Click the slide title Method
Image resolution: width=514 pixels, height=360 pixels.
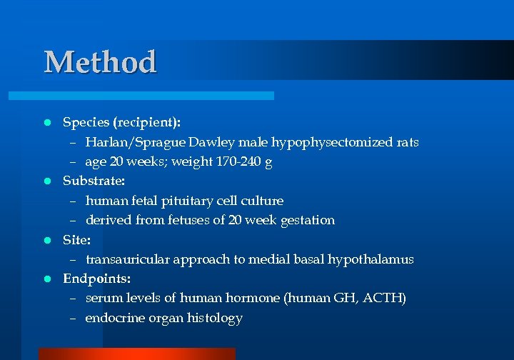[x=100, y=62]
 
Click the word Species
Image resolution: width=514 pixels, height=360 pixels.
[x=84, y=122]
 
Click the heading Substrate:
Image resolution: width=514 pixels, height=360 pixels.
[x=94, y=181]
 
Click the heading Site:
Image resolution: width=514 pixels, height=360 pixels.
[x=76, y=239]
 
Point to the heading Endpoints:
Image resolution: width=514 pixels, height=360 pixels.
[x=97, y=278]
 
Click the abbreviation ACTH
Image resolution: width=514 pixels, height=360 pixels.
[x=385, y=298]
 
